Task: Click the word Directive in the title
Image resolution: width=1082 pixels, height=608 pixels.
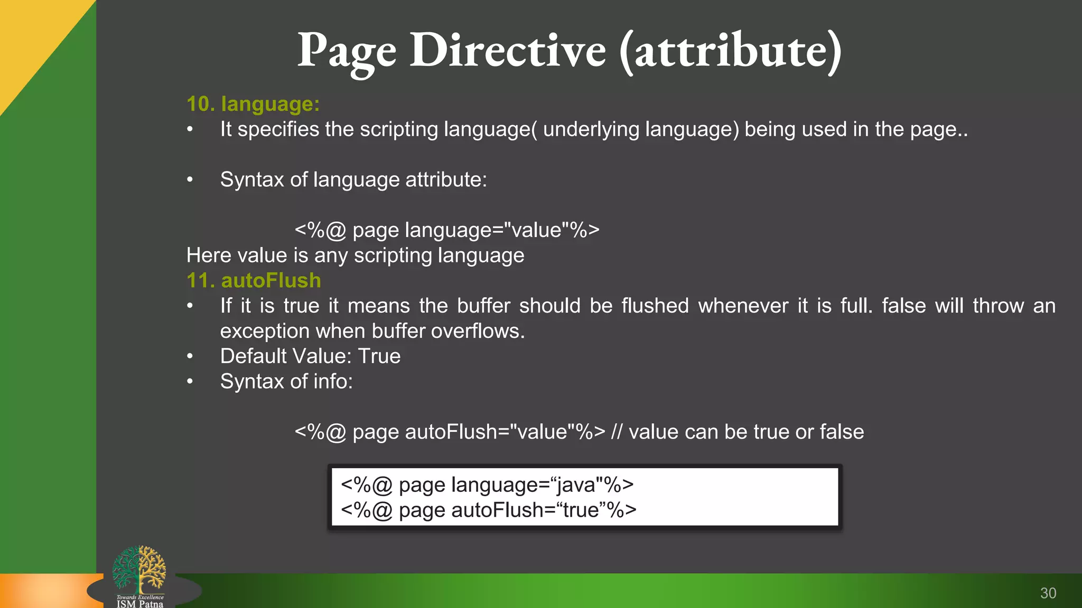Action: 508,51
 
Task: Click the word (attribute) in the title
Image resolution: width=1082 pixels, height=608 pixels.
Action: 730,51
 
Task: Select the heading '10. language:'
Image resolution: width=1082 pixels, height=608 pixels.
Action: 253,104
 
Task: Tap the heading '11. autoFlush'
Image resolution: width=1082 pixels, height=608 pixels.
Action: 254,280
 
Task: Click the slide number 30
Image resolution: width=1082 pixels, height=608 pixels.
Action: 1048,593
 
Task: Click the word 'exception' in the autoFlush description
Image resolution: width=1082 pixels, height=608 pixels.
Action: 265,331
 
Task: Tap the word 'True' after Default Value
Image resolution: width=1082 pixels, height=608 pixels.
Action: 379,356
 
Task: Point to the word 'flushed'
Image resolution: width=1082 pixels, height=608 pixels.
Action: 655,306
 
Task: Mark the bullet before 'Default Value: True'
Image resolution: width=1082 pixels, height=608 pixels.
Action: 190,356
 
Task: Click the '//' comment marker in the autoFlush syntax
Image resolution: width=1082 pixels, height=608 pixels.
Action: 617,432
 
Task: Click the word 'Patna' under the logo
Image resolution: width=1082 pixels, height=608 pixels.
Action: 151,604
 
